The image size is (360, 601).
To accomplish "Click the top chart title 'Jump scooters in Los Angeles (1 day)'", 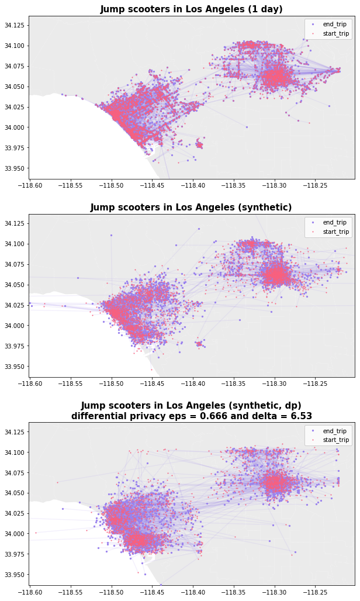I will point(191,9).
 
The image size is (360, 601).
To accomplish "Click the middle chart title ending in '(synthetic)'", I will point(191,208).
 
